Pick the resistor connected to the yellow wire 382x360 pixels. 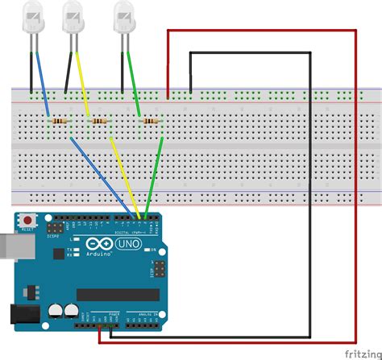98,121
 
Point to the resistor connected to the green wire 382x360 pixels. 149,121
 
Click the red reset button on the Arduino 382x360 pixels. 29,220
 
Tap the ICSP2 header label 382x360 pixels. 53,235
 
